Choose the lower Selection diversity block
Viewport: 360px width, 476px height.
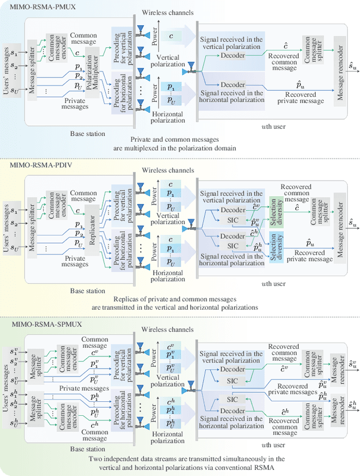(274, 239)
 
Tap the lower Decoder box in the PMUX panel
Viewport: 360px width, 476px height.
(233, 85)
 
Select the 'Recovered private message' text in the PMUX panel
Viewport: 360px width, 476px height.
(304, 97)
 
